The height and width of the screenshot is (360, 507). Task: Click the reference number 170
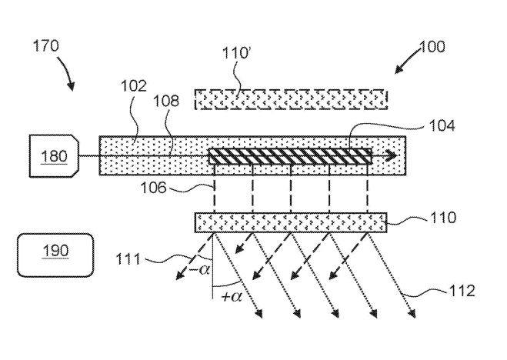click(x=46, y=46)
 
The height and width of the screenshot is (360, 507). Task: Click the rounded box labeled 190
click(x=54, y=252)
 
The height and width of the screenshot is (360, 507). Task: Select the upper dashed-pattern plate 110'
click(x=291, y=99)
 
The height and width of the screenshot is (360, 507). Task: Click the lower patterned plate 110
click(x=291, y=223)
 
